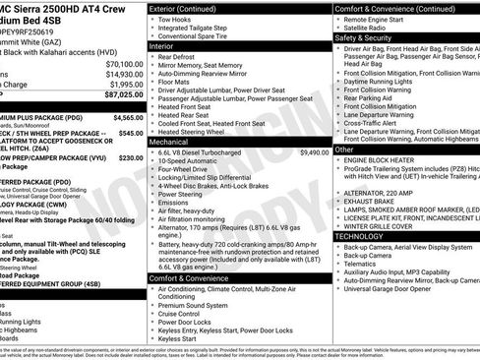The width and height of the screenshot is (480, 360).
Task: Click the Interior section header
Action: pos(161,46)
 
